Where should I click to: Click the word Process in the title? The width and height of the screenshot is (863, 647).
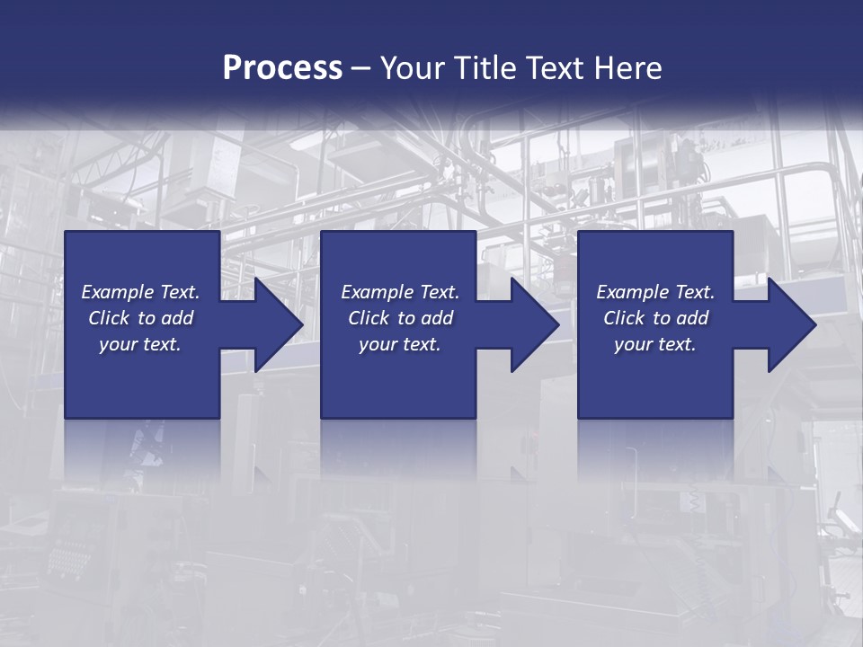282,68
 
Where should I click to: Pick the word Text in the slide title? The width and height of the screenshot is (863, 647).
556,68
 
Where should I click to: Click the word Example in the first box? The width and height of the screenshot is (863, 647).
117,292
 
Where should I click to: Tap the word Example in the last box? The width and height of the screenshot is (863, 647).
632,292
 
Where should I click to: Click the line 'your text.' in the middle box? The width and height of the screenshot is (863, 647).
399,344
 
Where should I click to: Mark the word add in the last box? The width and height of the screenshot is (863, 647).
692,318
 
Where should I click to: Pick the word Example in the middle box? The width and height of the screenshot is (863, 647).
377,292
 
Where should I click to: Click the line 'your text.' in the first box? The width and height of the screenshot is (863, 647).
140,344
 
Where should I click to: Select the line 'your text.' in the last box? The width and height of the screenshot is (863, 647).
654,344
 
